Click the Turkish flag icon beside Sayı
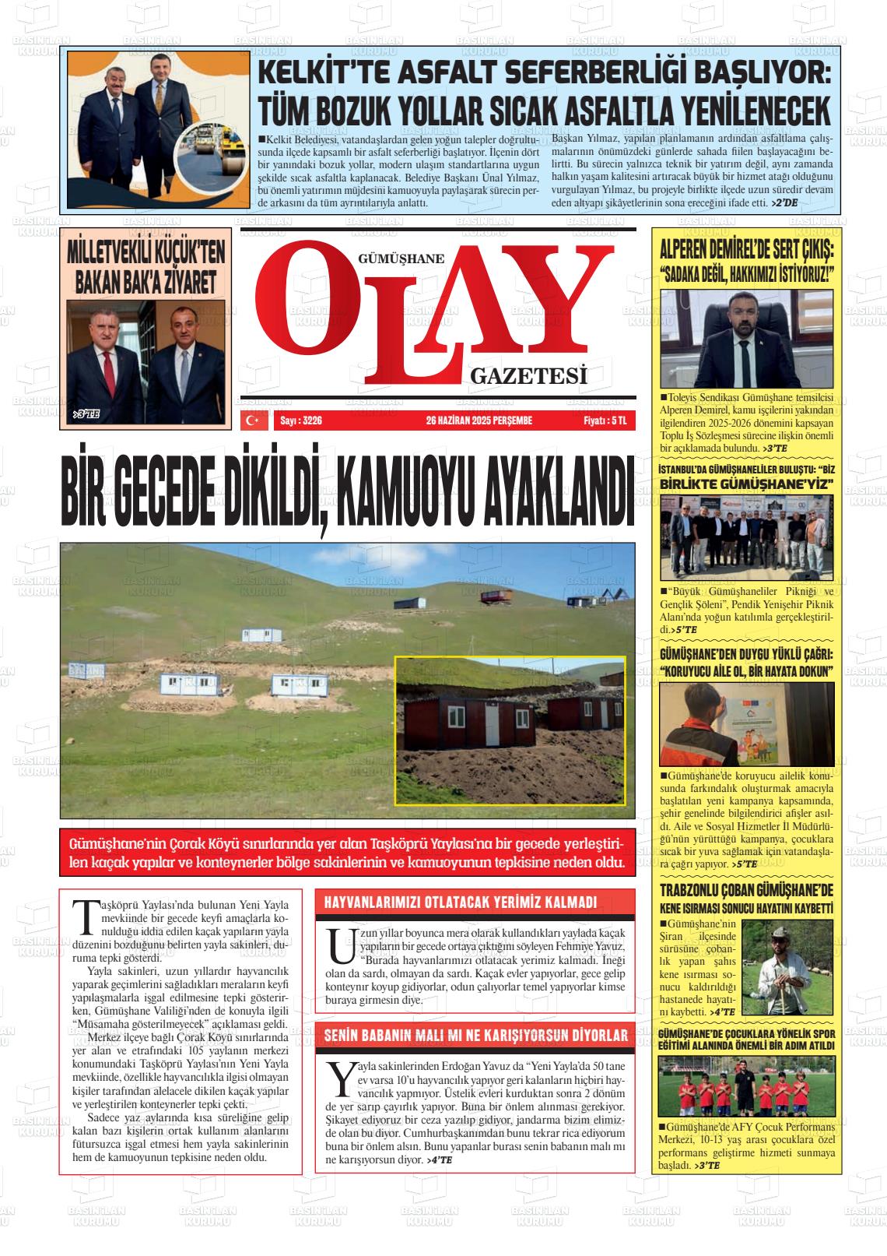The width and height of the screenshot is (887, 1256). point(253,420)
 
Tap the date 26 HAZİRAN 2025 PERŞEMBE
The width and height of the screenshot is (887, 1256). point(479,420)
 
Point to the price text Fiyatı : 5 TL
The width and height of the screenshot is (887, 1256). point(609,420)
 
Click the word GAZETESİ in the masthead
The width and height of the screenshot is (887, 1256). point(528,378)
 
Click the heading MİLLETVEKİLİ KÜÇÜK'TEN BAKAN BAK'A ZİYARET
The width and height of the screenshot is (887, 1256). point(146,267)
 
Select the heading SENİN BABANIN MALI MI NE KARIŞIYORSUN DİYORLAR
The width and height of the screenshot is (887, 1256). point(475,1036)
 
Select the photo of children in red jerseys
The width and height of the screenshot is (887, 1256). point(745,1085)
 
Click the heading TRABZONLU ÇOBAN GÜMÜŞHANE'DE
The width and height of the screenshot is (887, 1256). point(745,890)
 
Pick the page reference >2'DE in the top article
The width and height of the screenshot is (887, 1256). point(784,202)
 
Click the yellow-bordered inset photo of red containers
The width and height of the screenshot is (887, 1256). point(510,730)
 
